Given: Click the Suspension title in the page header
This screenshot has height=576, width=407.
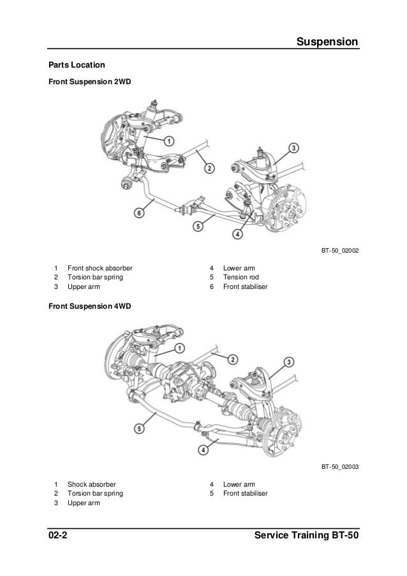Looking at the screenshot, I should [x=328, y=43].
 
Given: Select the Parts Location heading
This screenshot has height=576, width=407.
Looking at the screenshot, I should [x=72, y=65].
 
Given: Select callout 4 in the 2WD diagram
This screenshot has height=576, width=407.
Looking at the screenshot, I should [x=237, y=234].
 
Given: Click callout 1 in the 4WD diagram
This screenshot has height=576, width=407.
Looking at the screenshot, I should [x=179, y=348].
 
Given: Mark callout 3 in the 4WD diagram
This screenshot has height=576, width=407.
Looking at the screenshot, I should [x=289, y=362].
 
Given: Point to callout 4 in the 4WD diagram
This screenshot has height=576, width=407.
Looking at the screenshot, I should [x=203, y=449].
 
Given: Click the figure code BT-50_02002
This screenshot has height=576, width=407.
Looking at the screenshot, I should [x=340, y=252].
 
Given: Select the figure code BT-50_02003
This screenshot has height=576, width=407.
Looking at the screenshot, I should [x=340, y=467].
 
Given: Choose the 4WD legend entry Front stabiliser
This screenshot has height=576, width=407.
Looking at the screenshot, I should [x=246, y=494].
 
